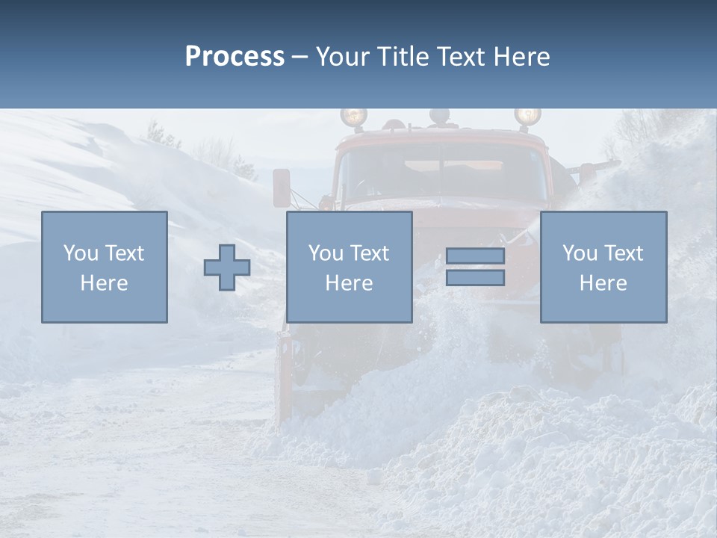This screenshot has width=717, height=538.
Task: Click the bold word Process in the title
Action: (x=235, y=57)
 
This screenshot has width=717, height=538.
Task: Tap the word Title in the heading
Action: (x=404, y=57)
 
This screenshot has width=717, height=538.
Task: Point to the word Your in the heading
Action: (x=344, y=57)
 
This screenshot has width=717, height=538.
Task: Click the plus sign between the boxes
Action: (x=227, y=268)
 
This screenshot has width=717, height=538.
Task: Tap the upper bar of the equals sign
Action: (x=475, y=256)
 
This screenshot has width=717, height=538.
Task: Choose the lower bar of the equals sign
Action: (x=475, y=277)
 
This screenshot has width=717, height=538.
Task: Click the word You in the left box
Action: (x=80, y=253)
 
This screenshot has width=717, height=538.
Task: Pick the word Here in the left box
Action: (x=104, y=283)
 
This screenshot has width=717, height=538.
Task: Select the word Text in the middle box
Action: (x=369, y=253)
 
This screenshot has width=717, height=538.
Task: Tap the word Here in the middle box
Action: (x=349, y=283)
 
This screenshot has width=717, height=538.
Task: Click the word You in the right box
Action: (x=580, y=253)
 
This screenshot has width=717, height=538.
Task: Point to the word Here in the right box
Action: (x=603, y=283)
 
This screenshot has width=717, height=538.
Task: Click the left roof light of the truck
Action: (x=354, y=117)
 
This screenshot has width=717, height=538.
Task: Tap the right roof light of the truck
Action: (x=527, y=116)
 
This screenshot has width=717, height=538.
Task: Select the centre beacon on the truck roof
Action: (x=440, y=116)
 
